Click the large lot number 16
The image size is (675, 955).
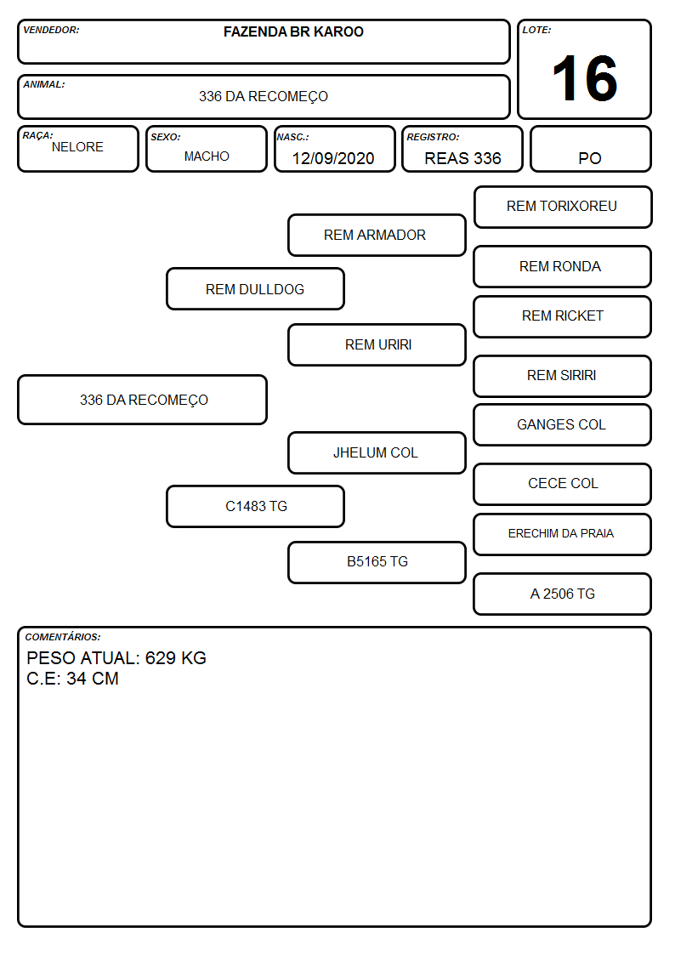[585, 78]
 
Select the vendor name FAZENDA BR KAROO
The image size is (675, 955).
[293, 31]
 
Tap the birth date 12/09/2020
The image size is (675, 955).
[333, 158]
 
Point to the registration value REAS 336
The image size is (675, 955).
[462, 158]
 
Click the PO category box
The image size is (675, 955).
[590, 149]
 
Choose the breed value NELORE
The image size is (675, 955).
[77, 147]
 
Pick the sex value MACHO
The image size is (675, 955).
[207, 156]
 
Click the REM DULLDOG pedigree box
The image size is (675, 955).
[255, 288]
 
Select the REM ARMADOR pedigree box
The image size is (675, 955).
[377, 235]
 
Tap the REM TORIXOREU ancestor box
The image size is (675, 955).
[563, 207]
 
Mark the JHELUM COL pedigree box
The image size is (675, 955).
[377, 452]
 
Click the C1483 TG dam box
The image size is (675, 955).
[255, 506]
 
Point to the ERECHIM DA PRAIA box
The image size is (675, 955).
[563, 534]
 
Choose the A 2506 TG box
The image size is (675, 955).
[563, 594]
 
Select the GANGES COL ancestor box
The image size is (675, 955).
[563, 424]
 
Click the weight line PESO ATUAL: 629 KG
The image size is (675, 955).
[116, 657]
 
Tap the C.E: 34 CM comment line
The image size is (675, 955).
[72, 679]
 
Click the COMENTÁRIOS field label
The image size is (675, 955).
[63, 637]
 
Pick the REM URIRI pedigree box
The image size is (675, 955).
[377, 344]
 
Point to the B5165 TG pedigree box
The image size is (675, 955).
[377, 562]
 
